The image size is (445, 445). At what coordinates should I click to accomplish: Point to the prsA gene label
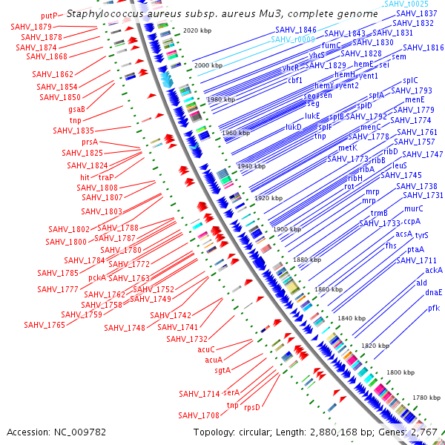coord(90,142)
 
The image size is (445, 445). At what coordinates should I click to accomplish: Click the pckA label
coord(97,278)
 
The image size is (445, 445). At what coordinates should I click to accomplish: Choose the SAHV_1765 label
coord(44,325)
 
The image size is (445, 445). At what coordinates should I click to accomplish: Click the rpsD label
coord(252,407)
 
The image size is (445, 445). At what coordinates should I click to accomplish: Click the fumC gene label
coord(331,45)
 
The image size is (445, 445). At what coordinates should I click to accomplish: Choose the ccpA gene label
coord(412,221)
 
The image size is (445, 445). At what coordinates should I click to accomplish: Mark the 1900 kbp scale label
coord(288,229)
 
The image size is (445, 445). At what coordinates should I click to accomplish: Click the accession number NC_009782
coord(56,432)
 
